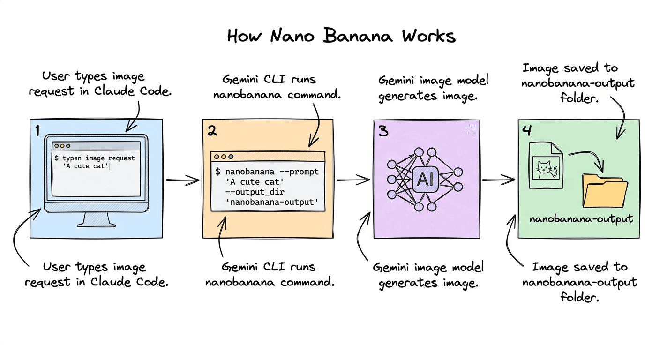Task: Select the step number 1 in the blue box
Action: (x=37, y=130)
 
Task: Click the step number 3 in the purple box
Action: (x=383, y=131)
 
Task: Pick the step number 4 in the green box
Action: (x=527, y=131)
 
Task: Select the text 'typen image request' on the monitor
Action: (x=98, y=158)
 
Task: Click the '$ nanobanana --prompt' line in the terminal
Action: (x=267, y=172)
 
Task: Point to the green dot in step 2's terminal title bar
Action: (x=231, y=157)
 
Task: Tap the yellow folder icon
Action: (x=604, y=192)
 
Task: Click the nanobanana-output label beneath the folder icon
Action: (x=581, y=218)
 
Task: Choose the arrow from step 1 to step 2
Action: (x=182, y=180)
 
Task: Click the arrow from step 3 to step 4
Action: (x=498, y=179)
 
